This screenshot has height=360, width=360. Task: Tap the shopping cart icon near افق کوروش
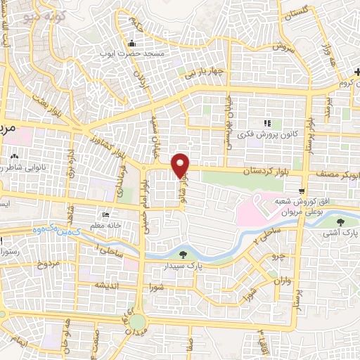coord(302,191)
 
